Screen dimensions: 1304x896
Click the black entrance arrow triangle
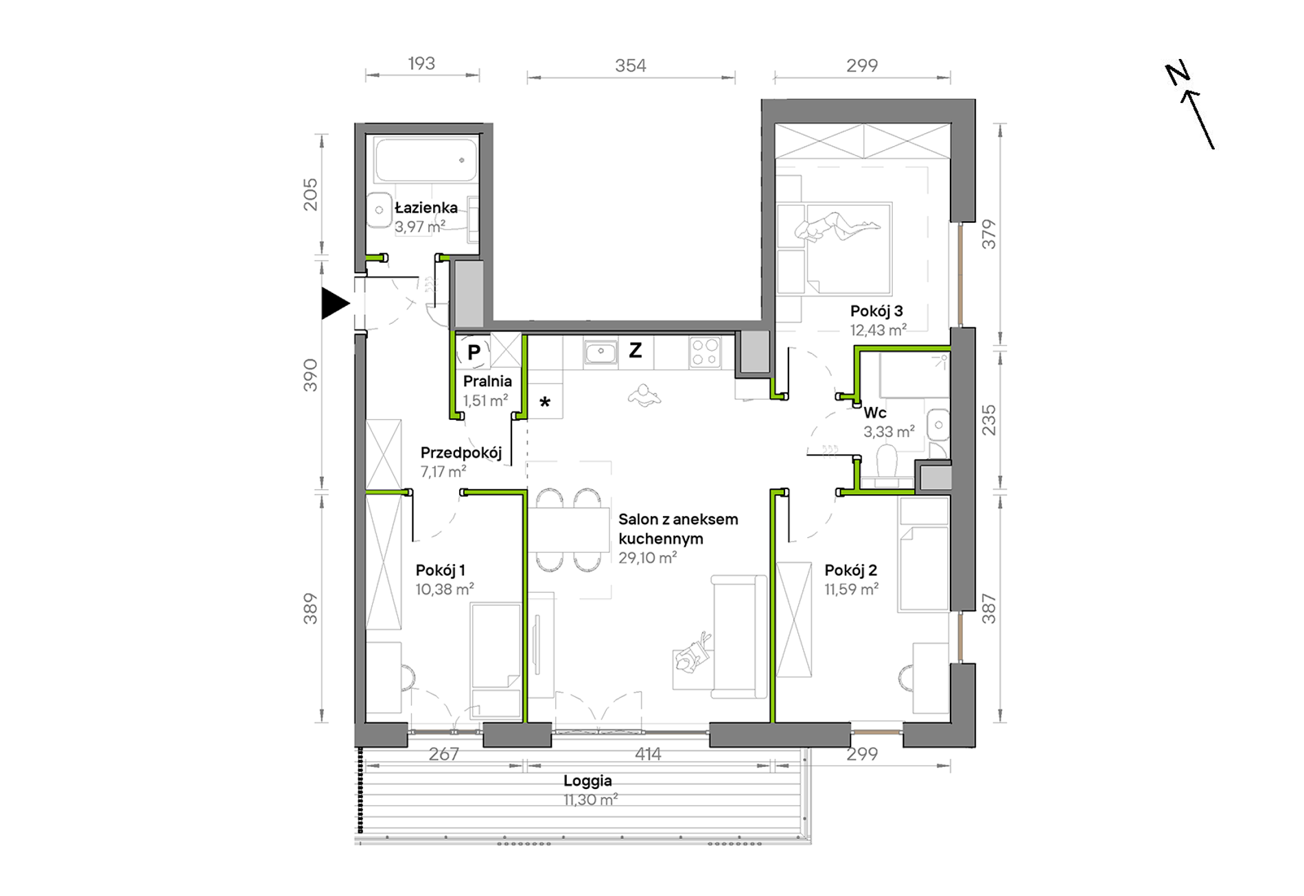tap(334, 303)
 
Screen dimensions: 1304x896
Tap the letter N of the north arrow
tap(1178, 73)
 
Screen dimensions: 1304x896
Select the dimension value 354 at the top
tap(630, 66)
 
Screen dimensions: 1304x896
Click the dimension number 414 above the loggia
tap(647, 754)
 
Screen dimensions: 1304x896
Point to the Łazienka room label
tap(426, 207)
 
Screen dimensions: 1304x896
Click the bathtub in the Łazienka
tap(426, 161)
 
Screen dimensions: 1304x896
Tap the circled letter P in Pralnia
tap(474, 353)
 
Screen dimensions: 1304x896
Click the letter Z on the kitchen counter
tap(636, 351)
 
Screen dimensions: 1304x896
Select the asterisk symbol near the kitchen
tap(545, 402)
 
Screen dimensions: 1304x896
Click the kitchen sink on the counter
tap(601, 353)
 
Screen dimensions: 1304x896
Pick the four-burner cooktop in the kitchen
tap(705, 353)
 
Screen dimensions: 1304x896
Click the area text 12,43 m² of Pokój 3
tap(878, 330)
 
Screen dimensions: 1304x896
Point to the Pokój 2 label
tap(851, 570)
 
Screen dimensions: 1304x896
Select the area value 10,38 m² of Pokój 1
tap(445, 589)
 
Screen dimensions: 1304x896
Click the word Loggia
tap(587, 781)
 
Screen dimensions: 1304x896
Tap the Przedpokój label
tap(461, 453)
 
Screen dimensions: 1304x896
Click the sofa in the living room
tap(739, 637)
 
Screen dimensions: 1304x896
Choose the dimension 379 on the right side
tap(988, 234)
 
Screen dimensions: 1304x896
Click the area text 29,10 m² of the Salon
tap(648, 558)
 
